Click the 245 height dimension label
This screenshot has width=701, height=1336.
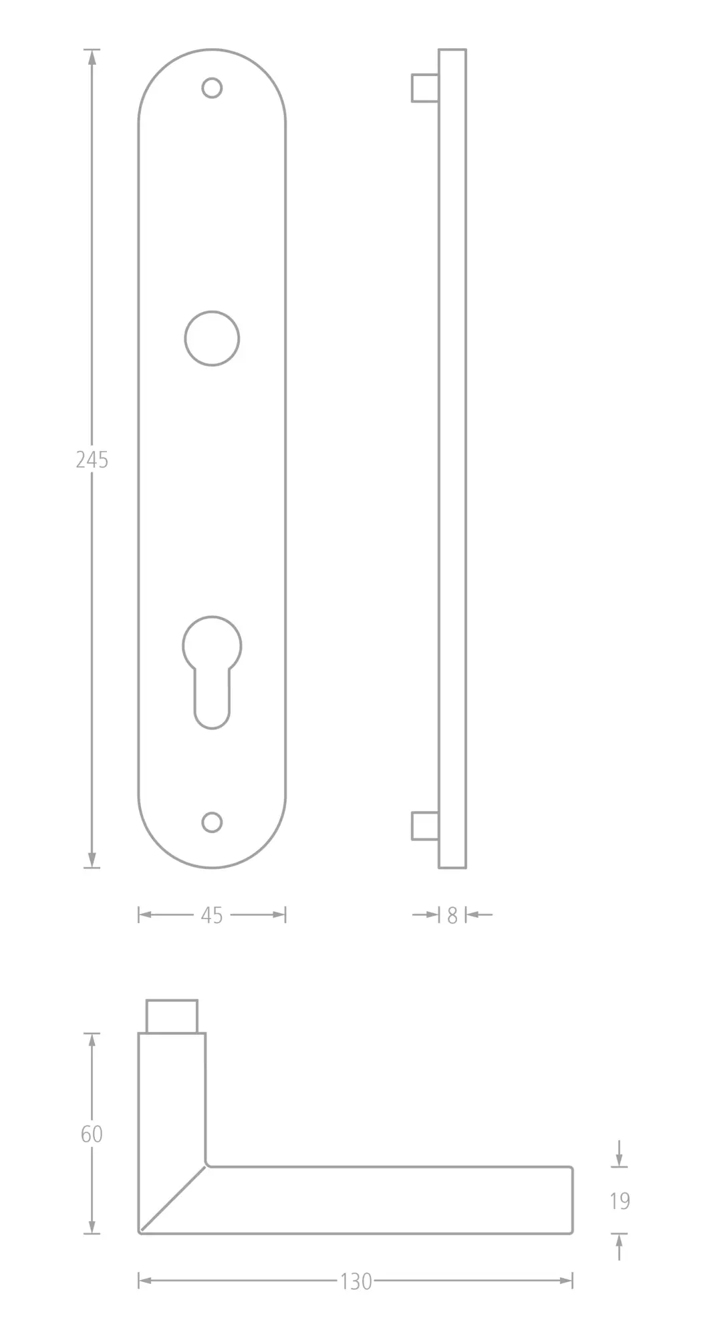[92, 460]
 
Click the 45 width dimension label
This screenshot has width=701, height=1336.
[212, 915]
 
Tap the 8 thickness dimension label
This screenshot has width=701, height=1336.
[452, 915]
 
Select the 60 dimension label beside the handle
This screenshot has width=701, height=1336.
[92, 1134]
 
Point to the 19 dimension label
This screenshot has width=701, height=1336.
[620, 1200]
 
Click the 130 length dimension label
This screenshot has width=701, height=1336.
[356, 1281]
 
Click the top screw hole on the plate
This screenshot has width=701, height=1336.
[212, 88]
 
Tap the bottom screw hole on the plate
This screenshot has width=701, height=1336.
[212, 822]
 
